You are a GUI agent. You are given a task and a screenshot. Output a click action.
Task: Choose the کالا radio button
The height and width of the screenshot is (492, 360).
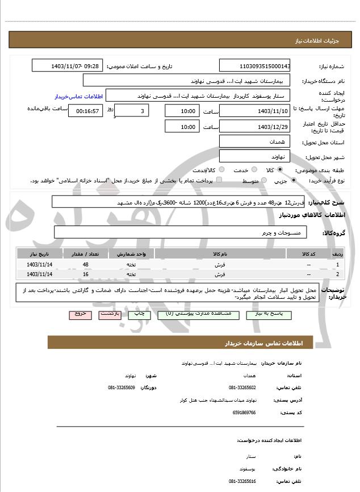(x=280, y=170)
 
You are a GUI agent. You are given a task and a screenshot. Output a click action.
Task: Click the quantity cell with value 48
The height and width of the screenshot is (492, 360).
(x=85, y=265)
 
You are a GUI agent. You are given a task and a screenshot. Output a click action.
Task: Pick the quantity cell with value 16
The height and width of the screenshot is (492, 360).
(x=85, y=274)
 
